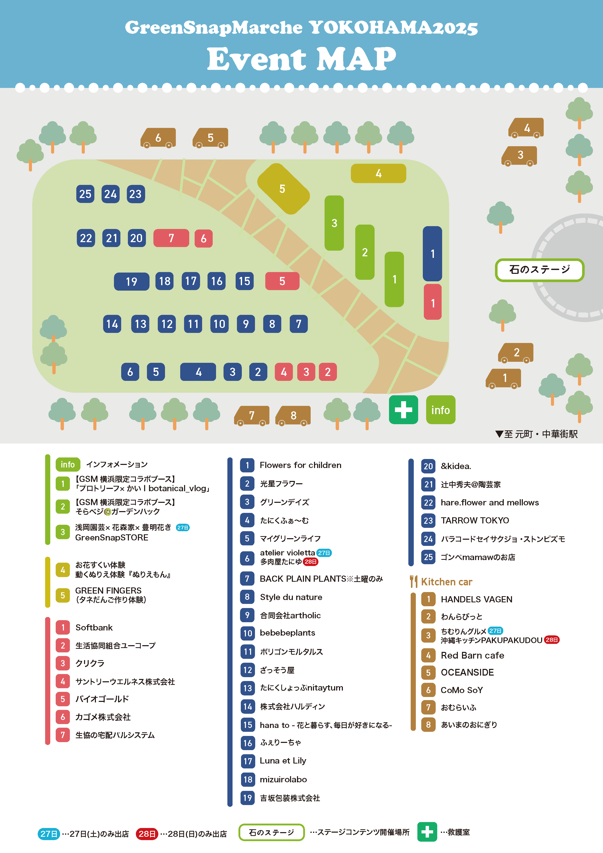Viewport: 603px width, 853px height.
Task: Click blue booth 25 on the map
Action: pyautogui.click(x=85, y=194)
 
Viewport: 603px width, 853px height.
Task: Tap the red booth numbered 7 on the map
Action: pyautogui.click(x=171, y=238)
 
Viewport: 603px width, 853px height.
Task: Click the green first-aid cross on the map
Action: pyautogui.click(x=403, y=410)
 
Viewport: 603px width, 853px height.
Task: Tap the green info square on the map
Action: pyautogui.click(x=440, y=410)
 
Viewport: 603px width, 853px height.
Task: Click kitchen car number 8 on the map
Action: pyautogui.click(x=293, y=415)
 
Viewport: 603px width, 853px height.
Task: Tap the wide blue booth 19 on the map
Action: pyautogui.click(x=131, y=282)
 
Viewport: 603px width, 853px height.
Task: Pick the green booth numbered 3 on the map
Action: pyautogui.click(x=334, y=223)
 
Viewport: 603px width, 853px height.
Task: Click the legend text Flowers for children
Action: pyautogui.click(x=300, y=465)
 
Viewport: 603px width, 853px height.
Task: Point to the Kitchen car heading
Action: pyautogui.click(x=446, y=582)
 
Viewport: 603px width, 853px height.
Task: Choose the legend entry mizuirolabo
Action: pyautogui.click(x=283, y=780)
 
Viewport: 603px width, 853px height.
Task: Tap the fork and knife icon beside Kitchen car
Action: pyautogui.click(x=413, y=582)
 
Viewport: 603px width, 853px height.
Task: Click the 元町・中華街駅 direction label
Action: pyautogui.click(x=541, y=434)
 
